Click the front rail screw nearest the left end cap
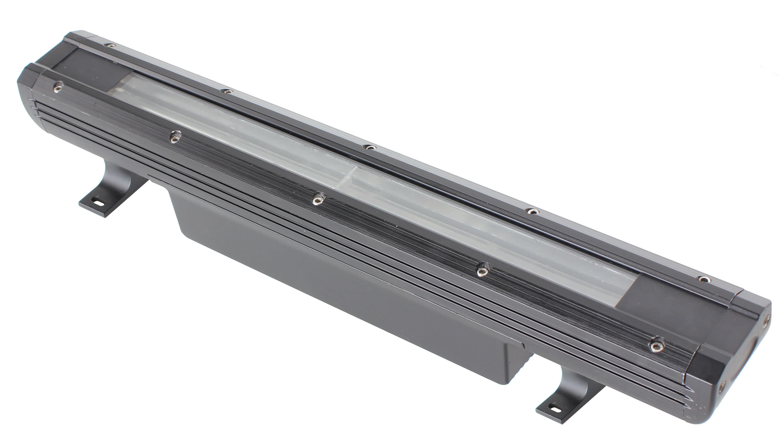(58, 87)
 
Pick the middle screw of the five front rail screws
(319, 199)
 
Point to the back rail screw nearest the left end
(111, 45)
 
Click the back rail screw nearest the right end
(703, 279)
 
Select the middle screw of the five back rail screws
(370, 147)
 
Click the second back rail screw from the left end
(227, 91)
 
